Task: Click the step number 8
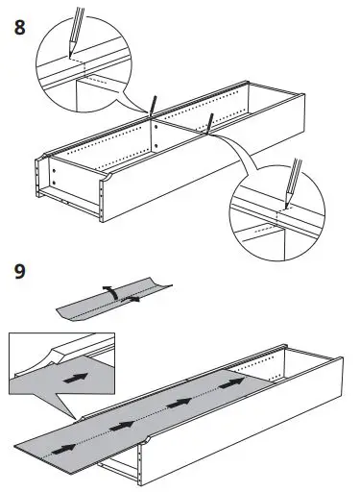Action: click(x=19, y=28)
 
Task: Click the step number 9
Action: click(x=19, y=271)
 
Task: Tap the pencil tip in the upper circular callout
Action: click(x=69, y=57)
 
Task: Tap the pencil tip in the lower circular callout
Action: click(x=286, y=208)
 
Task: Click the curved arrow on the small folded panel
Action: click(x=109, y=292)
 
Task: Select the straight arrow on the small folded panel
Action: click(x=131, y=299)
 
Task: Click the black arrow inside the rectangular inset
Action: click(x=76, y=378)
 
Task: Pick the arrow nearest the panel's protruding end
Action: click(x=64, y=449)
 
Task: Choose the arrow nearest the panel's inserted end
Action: click(x=231, y=383)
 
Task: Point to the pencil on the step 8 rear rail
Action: click(x=152, y=105)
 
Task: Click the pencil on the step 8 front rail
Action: click(x=209, y=123)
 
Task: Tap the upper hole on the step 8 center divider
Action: click(x=156, y=127)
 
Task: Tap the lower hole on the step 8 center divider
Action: click(x=156, y=146)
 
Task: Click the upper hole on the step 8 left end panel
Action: click(x=54, y=170)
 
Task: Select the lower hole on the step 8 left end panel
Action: click(x=54, y=183)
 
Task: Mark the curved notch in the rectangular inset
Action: click(x=48, y=357)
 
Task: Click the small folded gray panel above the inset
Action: click(x=113, y=300)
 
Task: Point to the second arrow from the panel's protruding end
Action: click(x=121, y=426)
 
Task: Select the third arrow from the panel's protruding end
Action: click(x=179, y=403)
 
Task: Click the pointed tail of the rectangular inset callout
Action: click(x=76, y=418)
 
